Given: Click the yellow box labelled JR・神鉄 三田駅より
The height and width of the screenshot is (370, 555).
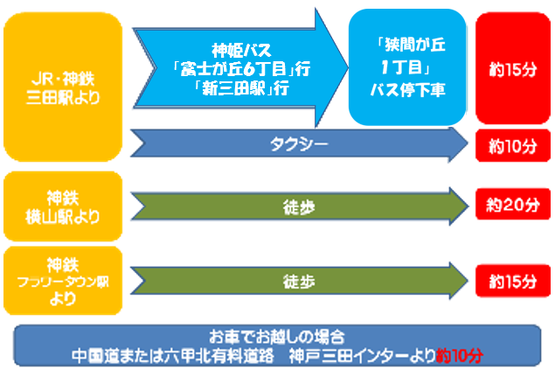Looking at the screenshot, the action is coord(63,87).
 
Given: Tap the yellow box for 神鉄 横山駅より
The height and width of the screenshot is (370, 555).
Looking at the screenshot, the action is coord(63,206).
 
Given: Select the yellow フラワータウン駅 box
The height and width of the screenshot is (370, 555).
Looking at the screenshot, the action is coord(63,281).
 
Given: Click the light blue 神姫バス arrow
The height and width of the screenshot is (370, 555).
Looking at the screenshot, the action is coord(240,67).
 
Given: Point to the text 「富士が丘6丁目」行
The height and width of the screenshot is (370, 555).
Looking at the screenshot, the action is coord(242,68).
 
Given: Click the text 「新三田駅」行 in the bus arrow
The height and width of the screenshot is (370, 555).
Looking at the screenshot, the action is coord(242,87).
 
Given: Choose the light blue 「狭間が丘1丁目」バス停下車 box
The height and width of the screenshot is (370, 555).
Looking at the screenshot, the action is coord(407,67).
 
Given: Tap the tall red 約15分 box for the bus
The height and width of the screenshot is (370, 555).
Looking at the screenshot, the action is coord(513,68).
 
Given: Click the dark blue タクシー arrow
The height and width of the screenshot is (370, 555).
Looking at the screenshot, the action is coord(299,144).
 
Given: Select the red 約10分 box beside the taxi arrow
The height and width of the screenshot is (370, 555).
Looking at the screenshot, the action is coord(513,145).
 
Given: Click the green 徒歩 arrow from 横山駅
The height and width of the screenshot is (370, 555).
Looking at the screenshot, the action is coord(300,206).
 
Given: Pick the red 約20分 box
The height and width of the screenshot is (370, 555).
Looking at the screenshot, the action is coord(513,205).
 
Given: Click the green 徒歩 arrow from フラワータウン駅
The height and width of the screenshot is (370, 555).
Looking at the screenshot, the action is coord(300,281).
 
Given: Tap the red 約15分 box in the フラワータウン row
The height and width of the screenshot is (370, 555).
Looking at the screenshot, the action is coord(513,281).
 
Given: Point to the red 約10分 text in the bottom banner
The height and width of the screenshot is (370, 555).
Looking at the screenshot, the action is coord(460,355).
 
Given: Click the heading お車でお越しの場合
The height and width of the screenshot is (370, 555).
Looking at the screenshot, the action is coord(277,337).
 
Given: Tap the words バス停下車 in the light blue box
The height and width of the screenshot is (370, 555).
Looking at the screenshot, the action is coord(408,89).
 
